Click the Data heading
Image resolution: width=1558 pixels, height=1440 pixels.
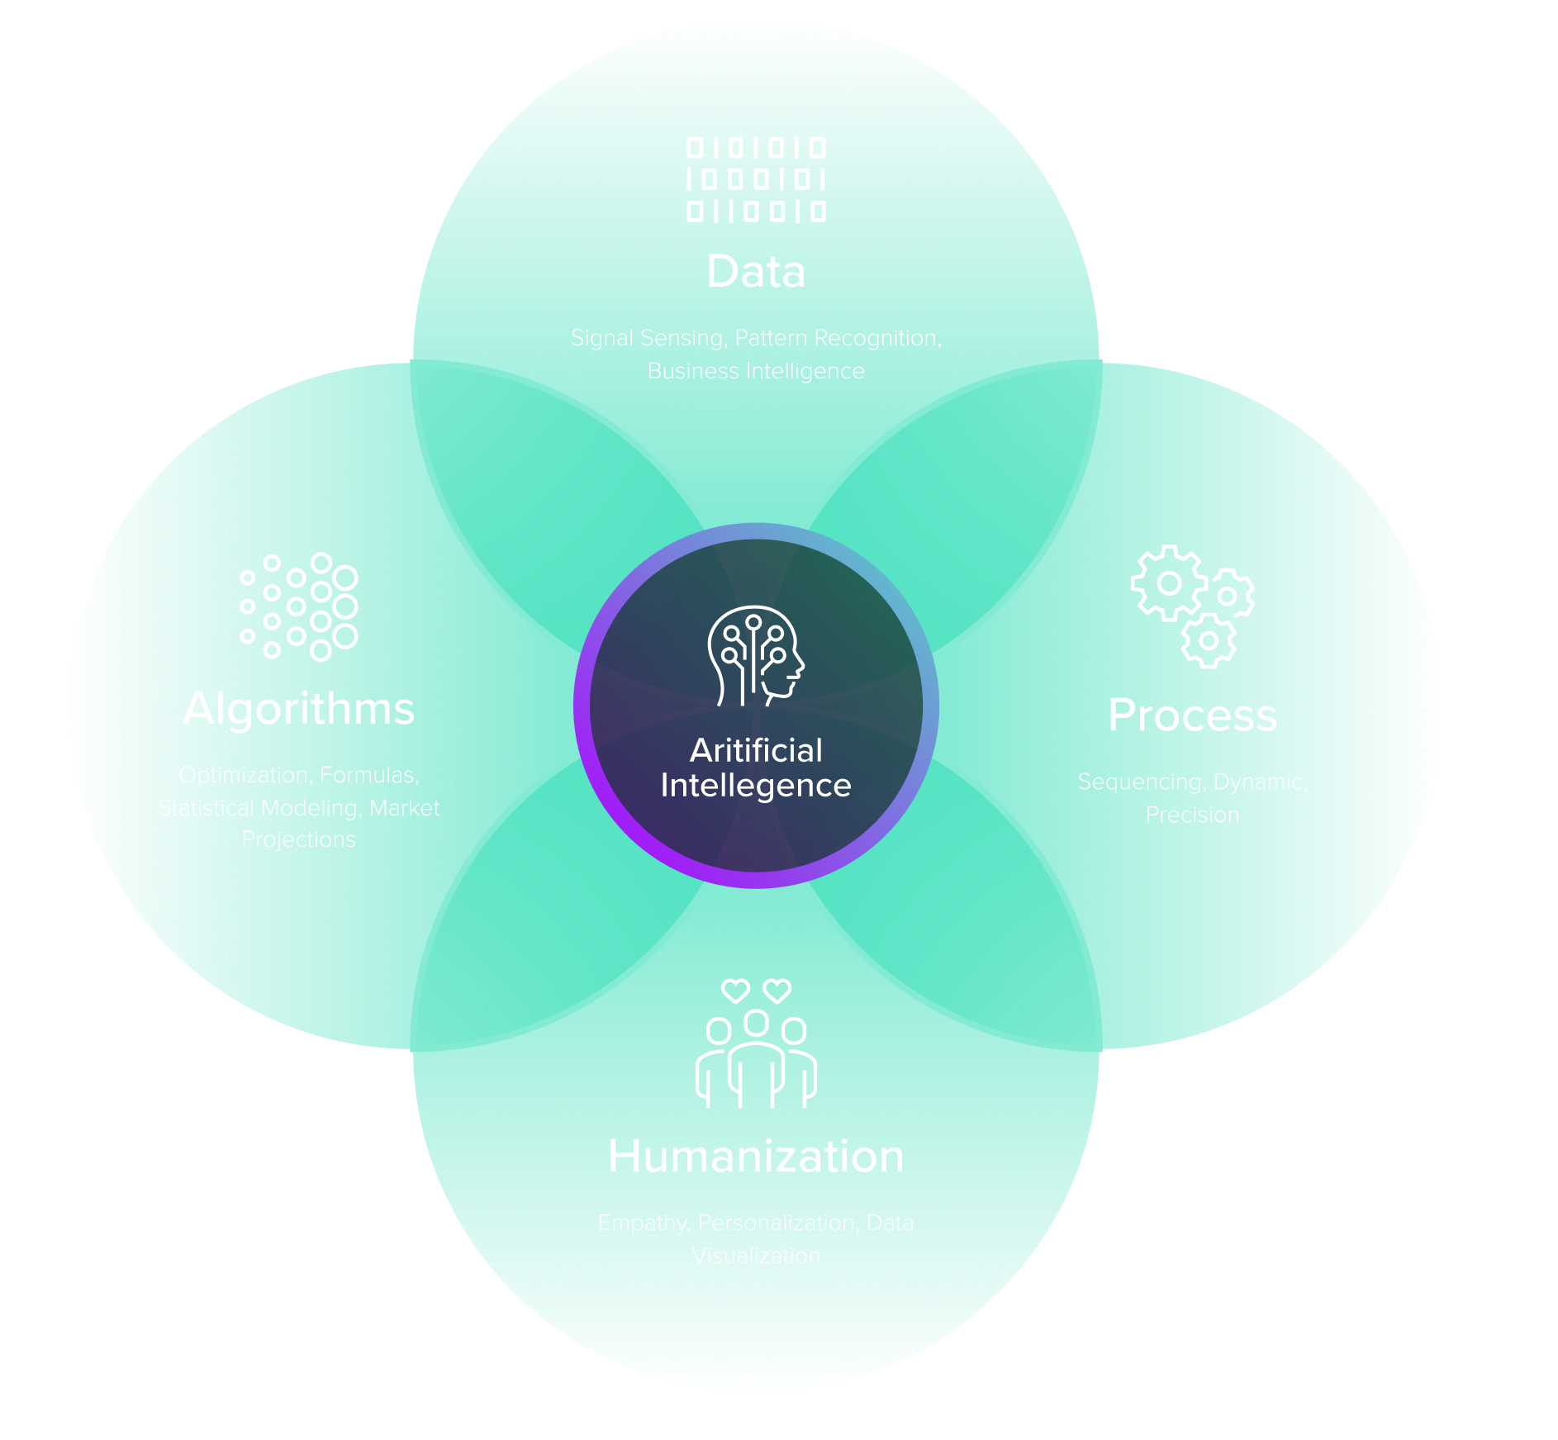(x=756, y=272)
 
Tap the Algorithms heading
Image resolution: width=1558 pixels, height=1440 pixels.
(x=298, y=709)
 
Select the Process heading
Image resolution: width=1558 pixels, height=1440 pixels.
(x=1192, y=715)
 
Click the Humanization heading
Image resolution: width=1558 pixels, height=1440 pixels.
(x=756, y=1157)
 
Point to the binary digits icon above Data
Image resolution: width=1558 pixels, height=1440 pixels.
(x=756, y=179)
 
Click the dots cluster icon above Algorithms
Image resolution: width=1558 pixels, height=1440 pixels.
(x=299, y=606)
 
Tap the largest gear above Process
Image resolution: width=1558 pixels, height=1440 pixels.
(x=1168, y=583)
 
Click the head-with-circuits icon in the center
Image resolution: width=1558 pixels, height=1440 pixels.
(x=755, y=656)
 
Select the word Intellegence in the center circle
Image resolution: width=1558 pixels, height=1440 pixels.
(x=756, y=786)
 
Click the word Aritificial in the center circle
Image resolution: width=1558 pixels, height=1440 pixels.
(x=756, y=750)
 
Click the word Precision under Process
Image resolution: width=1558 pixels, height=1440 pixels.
(x=1192, y=815)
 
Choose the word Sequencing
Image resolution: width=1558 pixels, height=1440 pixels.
(x=1140, y=782)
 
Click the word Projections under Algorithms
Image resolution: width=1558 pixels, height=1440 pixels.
(x=298, y=839)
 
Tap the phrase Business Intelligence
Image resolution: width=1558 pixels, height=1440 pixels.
(x=756, y=372)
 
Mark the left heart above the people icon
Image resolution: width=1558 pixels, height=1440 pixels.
(x=735, y=990)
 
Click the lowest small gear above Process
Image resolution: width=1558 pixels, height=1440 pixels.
(x=1209, y=641)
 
